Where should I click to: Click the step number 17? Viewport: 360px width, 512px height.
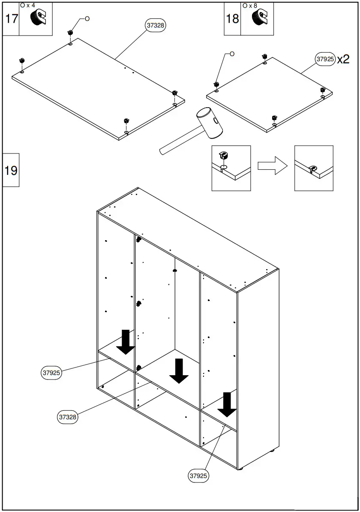tap(11, 19)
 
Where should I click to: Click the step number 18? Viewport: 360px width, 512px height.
tap(232, 19)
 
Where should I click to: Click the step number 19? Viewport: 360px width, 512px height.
tap(11, 170)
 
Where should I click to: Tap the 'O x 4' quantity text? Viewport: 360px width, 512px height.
tap(27, 5)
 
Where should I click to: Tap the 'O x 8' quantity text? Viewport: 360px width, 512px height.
tap(249, 6)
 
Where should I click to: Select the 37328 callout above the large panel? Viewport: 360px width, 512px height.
tap(156, 25)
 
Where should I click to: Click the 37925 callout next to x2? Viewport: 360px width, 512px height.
tap(325, 59)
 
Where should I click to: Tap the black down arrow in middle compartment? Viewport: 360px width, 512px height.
tap(179, 370)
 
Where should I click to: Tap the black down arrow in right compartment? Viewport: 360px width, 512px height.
tap(227, 404)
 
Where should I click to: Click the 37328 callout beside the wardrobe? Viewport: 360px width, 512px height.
tap(68, 417)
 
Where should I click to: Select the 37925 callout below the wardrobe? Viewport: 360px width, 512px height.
tap(199, 476)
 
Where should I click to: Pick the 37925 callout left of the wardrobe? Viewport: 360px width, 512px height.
tap(51, 373)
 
